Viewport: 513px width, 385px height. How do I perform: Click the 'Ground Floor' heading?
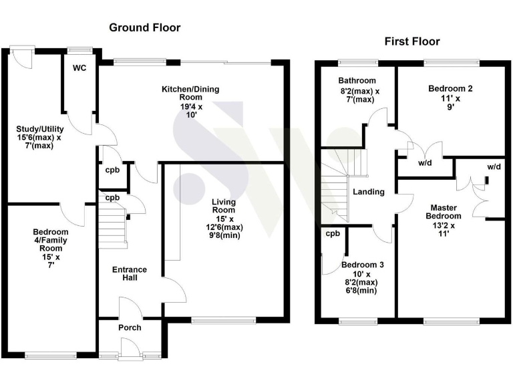144,27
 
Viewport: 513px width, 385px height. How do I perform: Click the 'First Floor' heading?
411,41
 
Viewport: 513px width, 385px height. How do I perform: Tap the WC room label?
80,68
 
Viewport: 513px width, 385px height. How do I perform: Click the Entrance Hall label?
129,273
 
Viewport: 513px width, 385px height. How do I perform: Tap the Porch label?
130,328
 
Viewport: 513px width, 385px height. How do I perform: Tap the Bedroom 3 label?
362,265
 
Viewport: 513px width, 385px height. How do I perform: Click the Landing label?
369,192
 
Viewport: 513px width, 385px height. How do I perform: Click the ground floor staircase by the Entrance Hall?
112,227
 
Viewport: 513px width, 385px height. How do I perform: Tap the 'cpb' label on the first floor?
333,234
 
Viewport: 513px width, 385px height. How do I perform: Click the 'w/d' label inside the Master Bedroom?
494,166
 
